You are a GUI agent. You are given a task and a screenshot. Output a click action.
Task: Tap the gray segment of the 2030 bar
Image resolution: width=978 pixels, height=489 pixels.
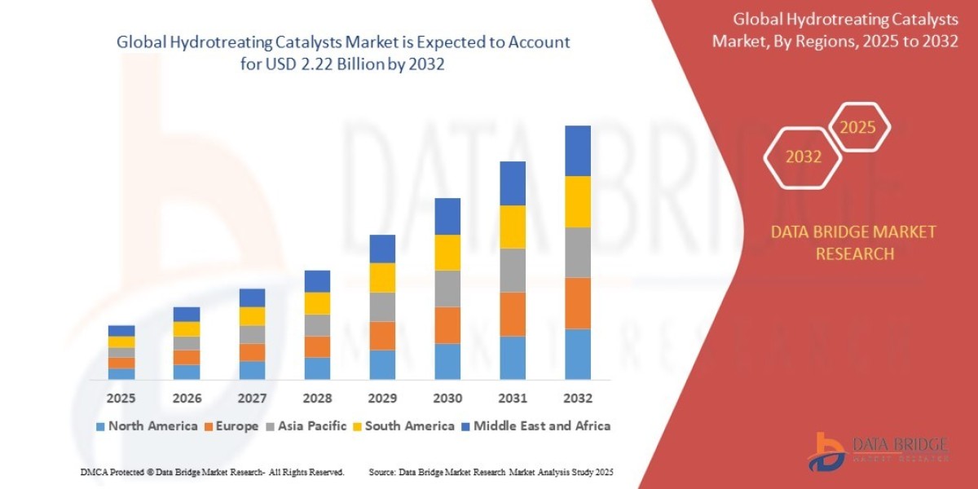[447, 289]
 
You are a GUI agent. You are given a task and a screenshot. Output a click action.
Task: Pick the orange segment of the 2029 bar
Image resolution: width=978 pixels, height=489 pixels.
[382, 336]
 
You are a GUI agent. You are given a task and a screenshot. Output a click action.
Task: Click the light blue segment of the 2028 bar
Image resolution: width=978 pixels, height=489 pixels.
[317, 368]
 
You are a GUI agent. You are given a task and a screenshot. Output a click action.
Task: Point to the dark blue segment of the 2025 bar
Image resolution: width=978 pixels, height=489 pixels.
[121, 330]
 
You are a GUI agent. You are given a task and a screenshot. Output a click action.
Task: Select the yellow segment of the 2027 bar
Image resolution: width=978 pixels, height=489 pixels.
[252, 316]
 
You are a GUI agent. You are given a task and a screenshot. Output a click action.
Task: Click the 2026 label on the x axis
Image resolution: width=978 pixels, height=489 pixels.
[187, 399]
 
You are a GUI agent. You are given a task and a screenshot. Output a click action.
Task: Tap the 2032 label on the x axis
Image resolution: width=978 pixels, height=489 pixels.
[577, 399]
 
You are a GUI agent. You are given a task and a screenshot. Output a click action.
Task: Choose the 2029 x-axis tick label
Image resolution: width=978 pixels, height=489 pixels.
[382, 399]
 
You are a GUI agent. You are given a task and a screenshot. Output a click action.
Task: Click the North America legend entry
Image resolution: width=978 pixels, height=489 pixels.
[147, 425]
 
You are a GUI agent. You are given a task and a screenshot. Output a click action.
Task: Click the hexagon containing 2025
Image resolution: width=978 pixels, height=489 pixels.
[857, 128]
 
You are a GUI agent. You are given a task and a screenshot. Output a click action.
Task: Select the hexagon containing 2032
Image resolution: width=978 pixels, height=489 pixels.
[804, 156]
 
